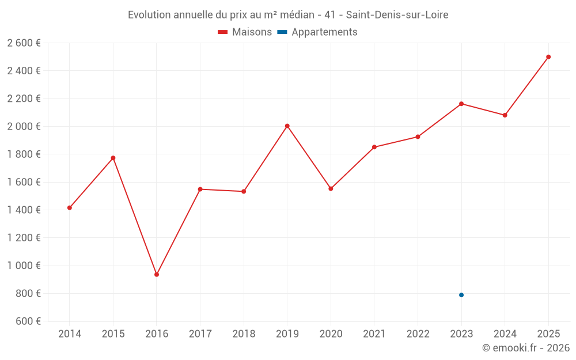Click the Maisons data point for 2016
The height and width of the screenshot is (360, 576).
point(157,274)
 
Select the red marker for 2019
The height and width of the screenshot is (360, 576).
point(287,126)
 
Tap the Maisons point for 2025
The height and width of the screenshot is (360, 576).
point(548,57)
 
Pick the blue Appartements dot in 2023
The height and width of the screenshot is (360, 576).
point(461,295)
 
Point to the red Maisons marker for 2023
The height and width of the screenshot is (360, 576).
point(461,104)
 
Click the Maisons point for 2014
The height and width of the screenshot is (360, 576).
point(70,208)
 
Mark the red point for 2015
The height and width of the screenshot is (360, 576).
point(113,158)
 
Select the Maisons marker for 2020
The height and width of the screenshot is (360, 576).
point(331,189)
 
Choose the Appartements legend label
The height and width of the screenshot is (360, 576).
point(324,32)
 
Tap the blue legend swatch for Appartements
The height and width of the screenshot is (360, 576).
point(282,32)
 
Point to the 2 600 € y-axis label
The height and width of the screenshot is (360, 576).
point(24,43)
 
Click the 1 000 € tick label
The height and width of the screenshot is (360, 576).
point(24,266)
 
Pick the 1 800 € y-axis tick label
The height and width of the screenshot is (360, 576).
point(24,154)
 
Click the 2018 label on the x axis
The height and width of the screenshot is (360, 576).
point(244,334)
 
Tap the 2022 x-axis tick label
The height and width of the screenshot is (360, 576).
point(418,334)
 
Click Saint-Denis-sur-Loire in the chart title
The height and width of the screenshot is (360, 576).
point(397,15)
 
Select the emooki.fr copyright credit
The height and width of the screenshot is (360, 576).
point(526,348)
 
